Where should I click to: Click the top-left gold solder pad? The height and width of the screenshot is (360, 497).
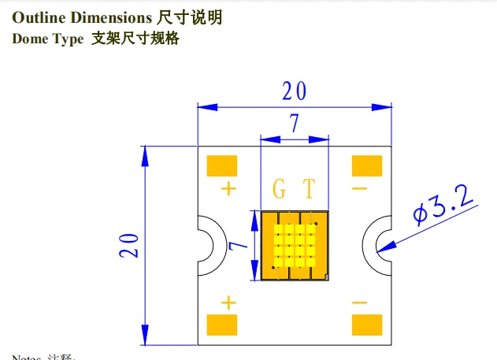click(222, 166)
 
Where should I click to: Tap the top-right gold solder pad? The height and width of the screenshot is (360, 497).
click(367, 166)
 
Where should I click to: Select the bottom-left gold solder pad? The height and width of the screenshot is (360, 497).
click(222, 324)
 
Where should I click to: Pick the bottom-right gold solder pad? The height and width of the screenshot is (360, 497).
click(367, 324)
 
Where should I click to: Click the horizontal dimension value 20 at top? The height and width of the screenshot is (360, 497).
click(294, 91)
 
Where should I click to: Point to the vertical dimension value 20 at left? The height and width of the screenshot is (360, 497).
click(131, 245)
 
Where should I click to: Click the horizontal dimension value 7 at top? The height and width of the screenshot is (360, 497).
click(294, 124)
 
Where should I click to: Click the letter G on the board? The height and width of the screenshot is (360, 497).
click(280, 189)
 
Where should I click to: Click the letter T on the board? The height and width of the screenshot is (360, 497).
click(309, 189)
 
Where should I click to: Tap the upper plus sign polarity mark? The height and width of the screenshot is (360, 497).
click(229, 188)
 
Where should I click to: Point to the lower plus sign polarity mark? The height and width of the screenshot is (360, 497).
click(229, 302)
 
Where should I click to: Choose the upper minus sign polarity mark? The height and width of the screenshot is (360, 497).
click(359, 188)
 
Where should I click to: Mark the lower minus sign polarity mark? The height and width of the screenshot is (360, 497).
click(359, 302)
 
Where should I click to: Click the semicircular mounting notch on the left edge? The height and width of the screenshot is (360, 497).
click(206, 245)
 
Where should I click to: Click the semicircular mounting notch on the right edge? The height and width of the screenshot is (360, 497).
click(383, 245)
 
